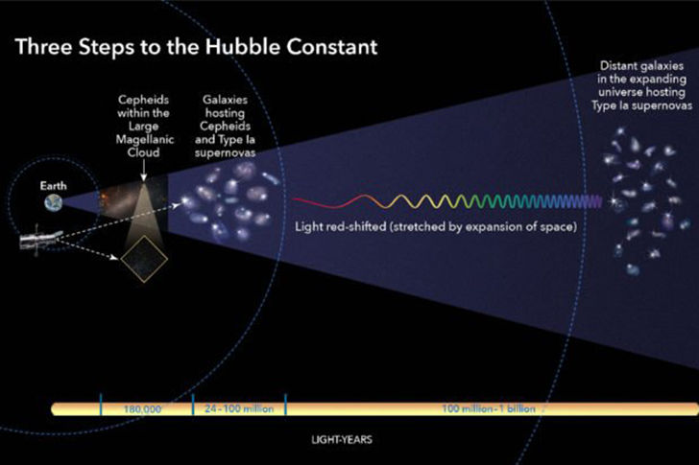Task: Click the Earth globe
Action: click(54, 203)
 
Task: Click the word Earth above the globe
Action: click(53, 186)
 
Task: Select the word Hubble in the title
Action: click(243, 47)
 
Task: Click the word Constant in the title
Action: click(332, 47)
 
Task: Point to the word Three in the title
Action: click(44, 47)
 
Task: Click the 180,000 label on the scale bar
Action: click(142, 409)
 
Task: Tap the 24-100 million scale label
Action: click(239, 408)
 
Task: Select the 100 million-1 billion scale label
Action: click(489, 408)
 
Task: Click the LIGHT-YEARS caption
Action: click(342, 440)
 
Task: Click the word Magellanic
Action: click(145, 139)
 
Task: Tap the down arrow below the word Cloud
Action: click(144, 171)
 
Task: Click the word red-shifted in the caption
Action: click(359, 226)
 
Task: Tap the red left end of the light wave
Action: click(295, 199)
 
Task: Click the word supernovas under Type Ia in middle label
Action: click(225, 153)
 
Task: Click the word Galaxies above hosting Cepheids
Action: click(225, 100)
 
